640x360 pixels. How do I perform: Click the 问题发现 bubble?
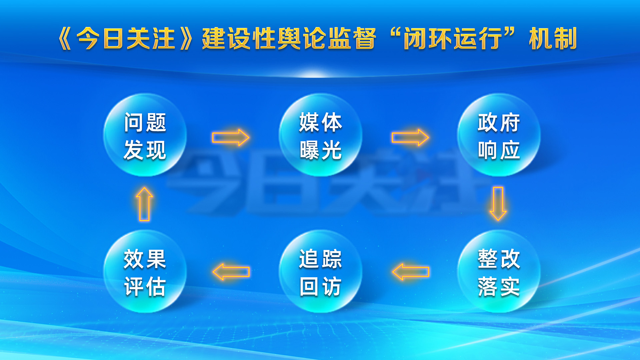point(145,135)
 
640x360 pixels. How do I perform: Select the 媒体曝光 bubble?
point(320,135)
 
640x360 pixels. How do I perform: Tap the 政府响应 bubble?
point(499,135)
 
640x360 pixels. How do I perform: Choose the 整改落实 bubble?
point(499,271)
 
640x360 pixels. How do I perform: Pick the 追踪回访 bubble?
point(320,271)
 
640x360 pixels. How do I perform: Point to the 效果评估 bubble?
point(145,271)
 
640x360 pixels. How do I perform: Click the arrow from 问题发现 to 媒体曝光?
point(231,137)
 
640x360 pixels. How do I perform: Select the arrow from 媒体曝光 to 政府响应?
point(410,137)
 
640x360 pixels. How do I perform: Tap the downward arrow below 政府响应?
point(498,203)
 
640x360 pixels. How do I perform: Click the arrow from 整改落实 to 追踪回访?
point(410,272)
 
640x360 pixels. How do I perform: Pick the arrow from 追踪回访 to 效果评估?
point(231,272)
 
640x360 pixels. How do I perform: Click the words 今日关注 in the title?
point(126,39)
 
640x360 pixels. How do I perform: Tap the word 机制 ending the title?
point(553,39)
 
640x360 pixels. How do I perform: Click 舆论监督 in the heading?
point(327,39)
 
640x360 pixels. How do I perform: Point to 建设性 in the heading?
point(239,39)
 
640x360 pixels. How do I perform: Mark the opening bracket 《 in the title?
point(65,39)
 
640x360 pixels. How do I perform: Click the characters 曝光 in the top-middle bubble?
point(320,150)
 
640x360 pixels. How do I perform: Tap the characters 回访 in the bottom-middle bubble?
point(320,287)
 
